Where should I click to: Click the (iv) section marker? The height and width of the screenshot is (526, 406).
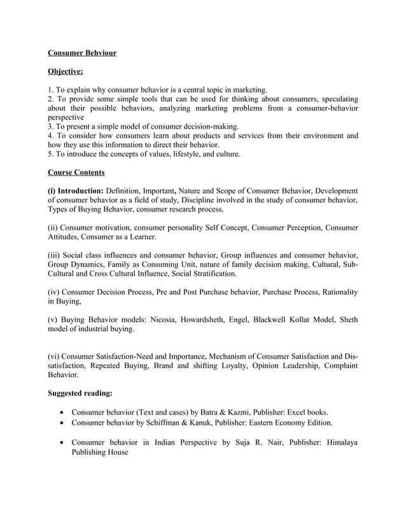pyautogui.click(x=55, y=292)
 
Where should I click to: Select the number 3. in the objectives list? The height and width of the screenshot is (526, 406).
pyautogui.click(x=52, y=126)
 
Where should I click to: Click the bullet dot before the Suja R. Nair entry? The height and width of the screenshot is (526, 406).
pyautogui.click(x=60, y=442)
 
